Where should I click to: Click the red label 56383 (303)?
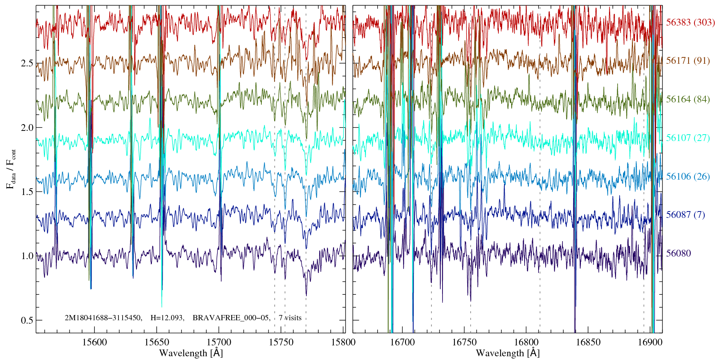pyautogui.click(x=690, y=22)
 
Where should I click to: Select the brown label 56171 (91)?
pyautogui.click(x=688, y=61)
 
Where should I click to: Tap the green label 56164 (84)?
pyautogui.click(x=688, y=99)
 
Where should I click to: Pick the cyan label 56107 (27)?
pyautogui.click(x=688, y=138)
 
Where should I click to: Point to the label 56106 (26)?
pyautogui.click(x=688, y=177)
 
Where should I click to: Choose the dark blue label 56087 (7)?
pyautogui.click(x=685, y=215)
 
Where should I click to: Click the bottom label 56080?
pyautogui.click(x=678, y=253)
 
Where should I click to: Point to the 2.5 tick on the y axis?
pyautogui.click(x=27, y=63)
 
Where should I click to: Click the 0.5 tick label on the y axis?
pyautogui.click(x=27, y=321)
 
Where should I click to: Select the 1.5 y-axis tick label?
pyautogui.click(x=27, y=192)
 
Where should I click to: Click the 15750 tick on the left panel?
pyautogui.click(x=282, y=342)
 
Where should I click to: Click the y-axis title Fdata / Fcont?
pyautogui.click(x=11, y=169)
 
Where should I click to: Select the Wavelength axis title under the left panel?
pyautogui.click(x=191, y=353)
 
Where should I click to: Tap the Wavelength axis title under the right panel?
pyautogui.click(x=507, y=353)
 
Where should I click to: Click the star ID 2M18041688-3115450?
pyautogui.click(x=103, y=318)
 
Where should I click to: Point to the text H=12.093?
pyautogui.click(x=167, y=318)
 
